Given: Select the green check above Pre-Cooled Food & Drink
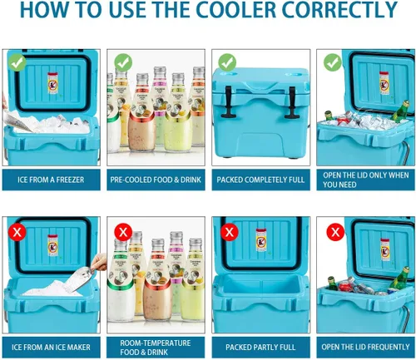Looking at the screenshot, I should point(122,62).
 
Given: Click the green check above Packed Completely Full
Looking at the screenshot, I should point(227,62).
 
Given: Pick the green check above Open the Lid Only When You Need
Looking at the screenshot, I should point(333,62).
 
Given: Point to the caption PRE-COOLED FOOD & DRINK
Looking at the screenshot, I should point(155,179).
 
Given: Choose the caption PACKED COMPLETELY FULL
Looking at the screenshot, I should point(260,179).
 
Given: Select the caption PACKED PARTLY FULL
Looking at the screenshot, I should point(260,346).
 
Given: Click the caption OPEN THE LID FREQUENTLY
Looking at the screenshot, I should point(365,346).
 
